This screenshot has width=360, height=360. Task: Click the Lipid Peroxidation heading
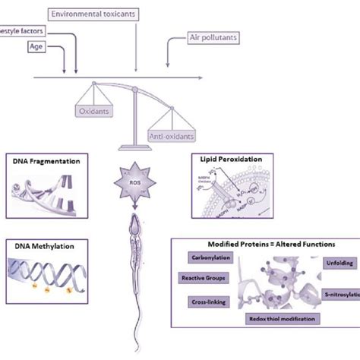(x=230, y=161)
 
